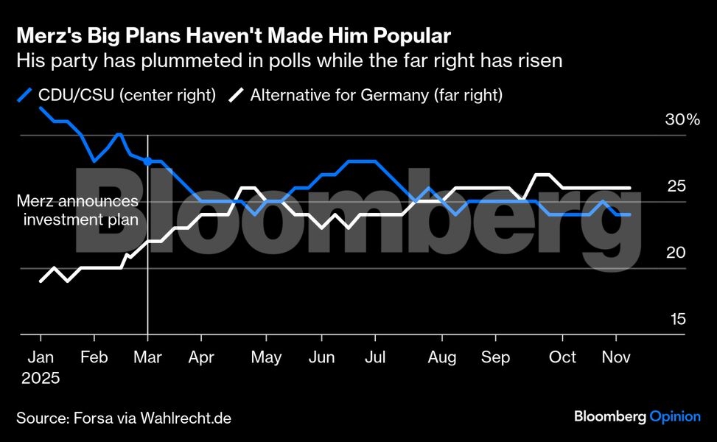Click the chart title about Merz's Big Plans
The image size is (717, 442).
point(234,35)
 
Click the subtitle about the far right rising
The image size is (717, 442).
point(290,60)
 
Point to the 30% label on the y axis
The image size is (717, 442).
point(682,120)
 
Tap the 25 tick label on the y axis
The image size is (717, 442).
point(676,186)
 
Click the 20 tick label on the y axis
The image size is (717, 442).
point(676,253)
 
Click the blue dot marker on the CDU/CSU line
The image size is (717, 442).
point(148,161)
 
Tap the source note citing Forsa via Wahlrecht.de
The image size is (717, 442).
point(124,418)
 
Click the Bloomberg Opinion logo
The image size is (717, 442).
point(637,417)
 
